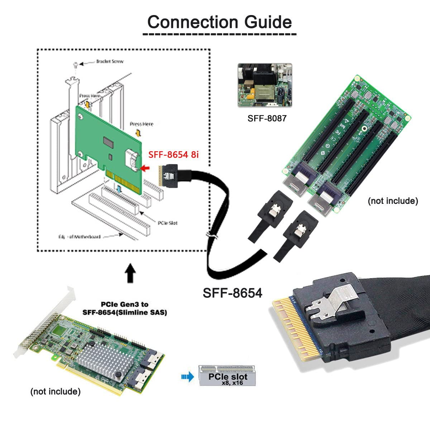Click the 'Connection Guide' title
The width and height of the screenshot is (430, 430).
click(x=219, y=22)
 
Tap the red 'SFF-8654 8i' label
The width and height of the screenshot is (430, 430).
click(x=173, y=154)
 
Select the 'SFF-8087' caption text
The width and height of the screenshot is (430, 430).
click(x=267, y=118)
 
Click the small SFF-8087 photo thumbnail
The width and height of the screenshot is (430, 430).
click(x=265, y=85)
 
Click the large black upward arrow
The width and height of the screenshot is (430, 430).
click(x=131, y=273)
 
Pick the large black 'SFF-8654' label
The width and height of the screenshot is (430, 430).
click(x=233, y=293)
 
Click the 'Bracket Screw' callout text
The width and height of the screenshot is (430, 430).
click(x=110, y=62)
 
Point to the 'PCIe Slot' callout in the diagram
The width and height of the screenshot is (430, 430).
click(x=167, y=223)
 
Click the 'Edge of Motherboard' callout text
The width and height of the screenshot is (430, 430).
click(x=80, y=236)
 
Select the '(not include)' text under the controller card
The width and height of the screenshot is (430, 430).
click(x=56, y=391)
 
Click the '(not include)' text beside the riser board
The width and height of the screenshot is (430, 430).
click(x=393, y=201)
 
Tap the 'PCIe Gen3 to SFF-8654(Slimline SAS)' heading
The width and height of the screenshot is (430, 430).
click(x=125, y=308)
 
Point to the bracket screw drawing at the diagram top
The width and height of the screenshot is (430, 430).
click(x=75, y=65)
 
